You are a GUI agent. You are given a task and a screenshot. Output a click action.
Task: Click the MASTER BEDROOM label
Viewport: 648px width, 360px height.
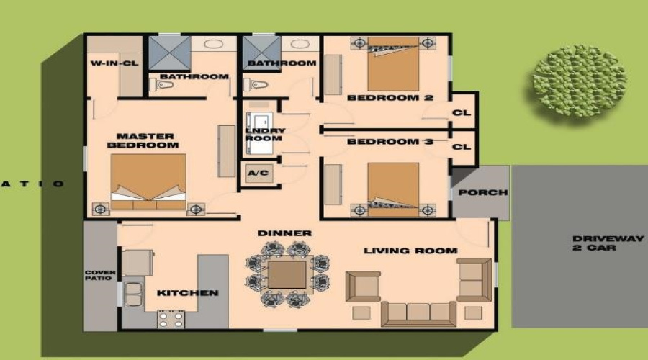tap(143, 140)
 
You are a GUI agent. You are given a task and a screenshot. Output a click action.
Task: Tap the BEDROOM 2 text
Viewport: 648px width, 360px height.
tap(390, 97)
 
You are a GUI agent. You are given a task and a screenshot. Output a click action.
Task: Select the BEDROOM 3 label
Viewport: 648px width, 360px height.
tap(390, 142)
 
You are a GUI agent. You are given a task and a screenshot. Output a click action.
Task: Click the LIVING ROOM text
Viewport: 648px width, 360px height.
tap(410, 251)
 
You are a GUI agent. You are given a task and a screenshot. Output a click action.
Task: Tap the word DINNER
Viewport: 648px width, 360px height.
tap(285, 233)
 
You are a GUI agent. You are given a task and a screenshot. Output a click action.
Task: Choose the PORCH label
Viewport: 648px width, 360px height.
tap(482, 192)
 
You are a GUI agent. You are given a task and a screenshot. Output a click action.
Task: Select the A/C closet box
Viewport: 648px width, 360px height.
tap(257, 174)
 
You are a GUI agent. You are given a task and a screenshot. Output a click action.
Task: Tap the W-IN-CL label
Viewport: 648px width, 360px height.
tap(114, 63)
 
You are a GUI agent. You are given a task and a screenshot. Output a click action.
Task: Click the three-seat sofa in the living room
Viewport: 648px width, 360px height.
tap(418, 312)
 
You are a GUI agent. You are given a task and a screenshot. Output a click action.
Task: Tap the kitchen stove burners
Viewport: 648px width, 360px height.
tap(171, 318)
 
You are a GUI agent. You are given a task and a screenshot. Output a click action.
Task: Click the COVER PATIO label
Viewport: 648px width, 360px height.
tap(99, 275)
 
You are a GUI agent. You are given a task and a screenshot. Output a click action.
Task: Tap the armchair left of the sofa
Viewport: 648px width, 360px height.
tap(364, 287)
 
